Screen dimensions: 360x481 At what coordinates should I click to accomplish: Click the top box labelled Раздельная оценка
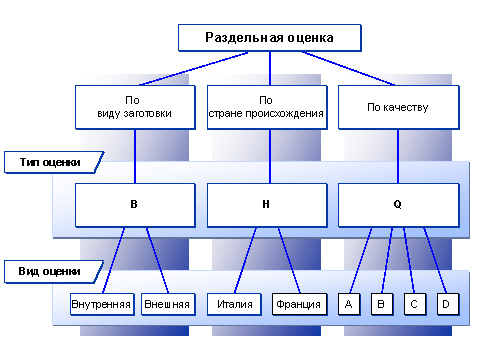[x=268, y=38]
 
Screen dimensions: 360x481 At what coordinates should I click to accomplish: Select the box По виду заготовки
[x=135, y=107]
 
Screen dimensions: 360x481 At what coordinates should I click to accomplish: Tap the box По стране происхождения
[x=266, y=107]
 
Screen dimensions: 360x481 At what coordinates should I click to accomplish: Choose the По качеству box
[x=398, y=107]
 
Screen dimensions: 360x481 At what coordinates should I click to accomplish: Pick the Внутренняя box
[x=102, y=303]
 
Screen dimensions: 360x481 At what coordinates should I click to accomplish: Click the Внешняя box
[x=166, y=303]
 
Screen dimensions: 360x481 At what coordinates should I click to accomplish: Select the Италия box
[x=235, y=303]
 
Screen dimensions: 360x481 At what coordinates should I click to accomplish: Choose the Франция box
[x=298, y=303]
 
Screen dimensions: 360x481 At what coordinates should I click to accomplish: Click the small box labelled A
[x=348, y=303]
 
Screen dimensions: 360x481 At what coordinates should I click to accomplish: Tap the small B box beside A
[x=381, y=303]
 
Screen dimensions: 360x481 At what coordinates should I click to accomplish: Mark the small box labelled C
[x=414, y=303]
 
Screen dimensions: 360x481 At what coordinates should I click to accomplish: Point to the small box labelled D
[x=447, y=303]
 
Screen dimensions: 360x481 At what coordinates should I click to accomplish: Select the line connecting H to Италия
[x=249, y=259]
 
